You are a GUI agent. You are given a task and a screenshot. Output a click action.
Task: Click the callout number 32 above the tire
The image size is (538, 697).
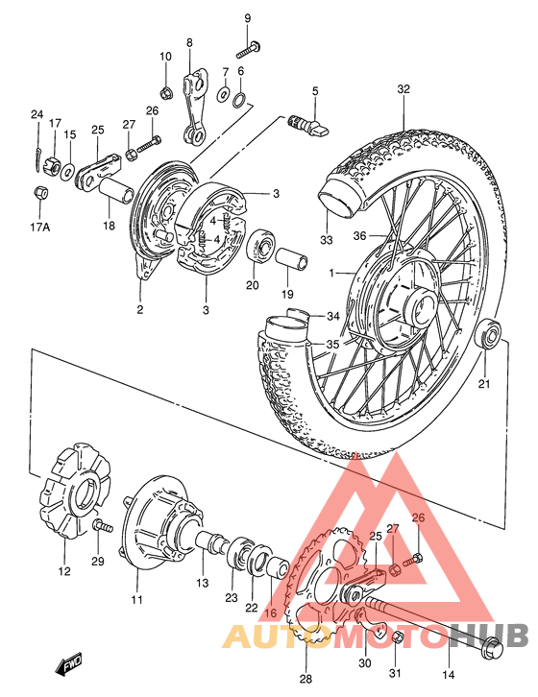click(x=403, y=89)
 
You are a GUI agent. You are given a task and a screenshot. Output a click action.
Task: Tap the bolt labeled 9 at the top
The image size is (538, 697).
click(x=249, y=44)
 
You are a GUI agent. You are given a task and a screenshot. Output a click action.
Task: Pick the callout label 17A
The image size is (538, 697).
click(x=38, y=228)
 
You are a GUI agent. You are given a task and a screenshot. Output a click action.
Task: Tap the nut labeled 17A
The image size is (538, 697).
click(x=40, y=192)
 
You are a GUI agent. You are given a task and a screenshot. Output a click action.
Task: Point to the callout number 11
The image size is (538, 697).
click(x=136, y=600)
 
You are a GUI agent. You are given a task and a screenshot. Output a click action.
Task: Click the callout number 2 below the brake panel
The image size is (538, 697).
click(x=139, y=309)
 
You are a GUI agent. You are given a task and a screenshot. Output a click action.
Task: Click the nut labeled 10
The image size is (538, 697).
click(x=166, y=92)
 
